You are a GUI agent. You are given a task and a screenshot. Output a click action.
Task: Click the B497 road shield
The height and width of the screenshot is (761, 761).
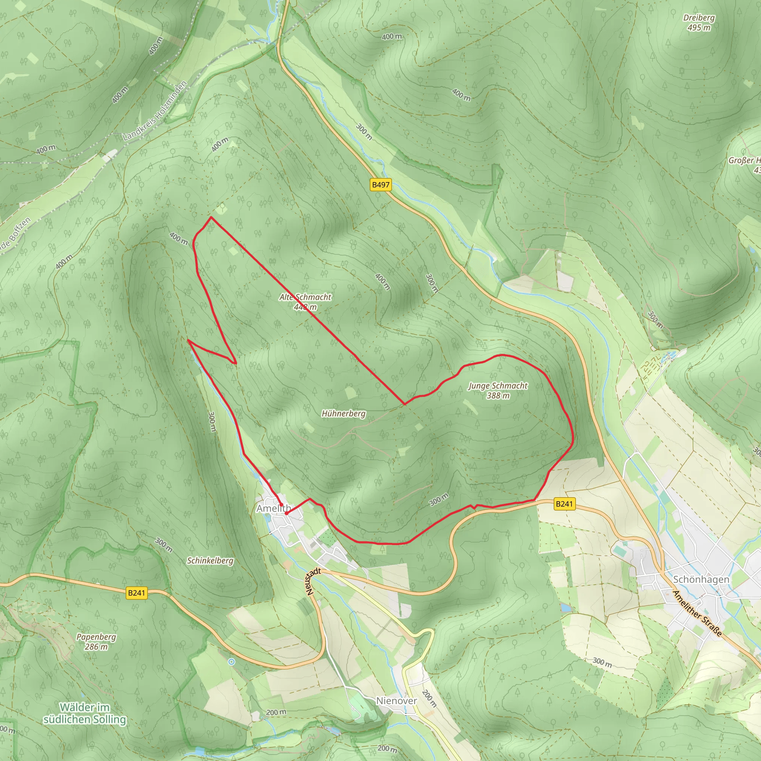click(x=380, y=185)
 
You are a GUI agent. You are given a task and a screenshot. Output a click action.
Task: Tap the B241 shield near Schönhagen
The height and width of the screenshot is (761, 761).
click(x=564, y=504)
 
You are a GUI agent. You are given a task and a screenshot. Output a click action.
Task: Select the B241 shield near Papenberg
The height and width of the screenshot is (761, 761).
click(x=137, y=593)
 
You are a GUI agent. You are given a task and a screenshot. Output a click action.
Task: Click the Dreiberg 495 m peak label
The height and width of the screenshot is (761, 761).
click(x=699, y=22)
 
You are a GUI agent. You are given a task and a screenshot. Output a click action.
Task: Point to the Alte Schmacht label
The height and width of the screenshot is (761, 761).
click(x=305, y=297)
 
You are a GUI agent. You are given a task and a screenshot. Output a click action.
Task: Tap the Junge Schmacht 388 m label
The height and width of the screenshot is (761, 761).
click(x=498, y=391)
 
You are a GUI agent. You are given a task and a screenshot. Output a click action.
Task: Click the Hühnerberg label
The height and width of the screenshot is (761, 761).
click(x=343, y=414)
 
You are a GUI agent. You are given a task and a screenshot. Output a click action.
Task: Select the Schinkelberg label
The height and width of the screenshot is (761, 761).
click(x=210, y=560)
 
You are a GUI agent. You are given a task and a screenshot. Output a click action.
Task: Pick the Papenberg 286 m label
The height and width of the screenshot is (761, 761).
click(x=96, y=642)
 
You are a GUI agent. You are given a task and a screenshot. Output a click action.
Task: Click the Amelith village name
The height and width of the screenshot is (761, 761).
click(x=273, y=509)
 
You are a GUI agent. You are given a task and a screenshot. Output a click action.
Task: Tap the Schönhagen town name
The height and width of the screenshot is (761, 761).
click(x=701, y=579)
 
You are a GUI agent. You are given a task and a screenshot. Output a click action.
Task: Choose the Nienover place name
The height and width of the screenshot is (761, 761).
click(x=396, y=701)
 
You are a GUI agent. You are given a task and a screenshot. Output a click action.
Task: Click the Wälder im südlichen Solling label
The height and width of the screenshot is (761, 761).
click(x=85, y=713)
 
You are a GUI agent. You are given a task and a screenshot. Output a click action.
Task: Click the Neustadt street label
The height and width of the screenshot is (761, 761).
click(x=313, y=581)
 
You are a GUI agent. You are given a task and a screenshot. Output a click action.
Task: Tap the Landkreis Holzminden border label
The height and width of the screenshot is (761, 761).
click(x=155, y=111)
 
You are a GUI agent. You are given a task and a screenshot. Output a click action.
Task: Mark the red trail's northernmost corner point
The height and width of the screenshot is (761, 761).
click(x=211, y=217)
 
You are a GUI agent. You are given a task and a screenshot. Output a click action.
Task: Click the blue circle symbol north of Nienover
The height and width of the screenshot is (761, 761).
click(x=231, y=662)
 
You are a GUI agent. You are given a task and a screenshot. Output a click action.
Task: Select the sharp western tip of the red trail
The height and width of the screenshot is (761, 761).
click(x=188, y=340)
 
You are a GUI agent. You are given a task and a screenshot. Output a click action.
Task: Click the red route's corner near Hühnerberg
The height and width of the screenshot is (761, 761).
click(x=405, y=404)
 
